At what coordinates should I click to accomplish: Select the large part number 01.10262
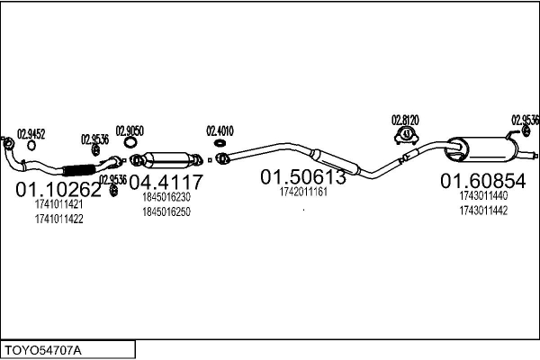click(x=58, y=190)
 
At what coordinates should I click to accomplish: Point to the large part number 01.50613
click(x=303, y=177)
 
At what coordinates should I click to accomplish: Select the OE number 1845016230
click(x=166, y=198)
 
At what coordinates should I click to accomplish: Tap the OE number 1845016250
click(x=166, y=211)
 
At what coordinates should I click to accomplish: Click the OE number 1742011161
click(x=303, y=192)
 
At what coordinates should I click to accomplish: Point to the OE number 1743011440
click(x=482, y=195)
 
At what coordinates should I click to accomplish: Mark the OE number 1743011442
click(x=482, y=210)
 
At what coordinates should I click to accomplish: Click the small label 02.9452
click(x=31, y=133)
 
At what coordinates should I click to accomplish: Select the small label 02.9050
click(x=130, y=130)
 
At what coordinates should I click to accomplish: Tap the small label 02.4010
click(x=220, y=130)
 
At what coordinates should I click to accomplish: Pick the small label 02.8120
click(x=405, y=120)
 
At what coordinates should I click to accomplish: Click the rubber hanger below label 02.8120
click(x=406, y=136)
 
